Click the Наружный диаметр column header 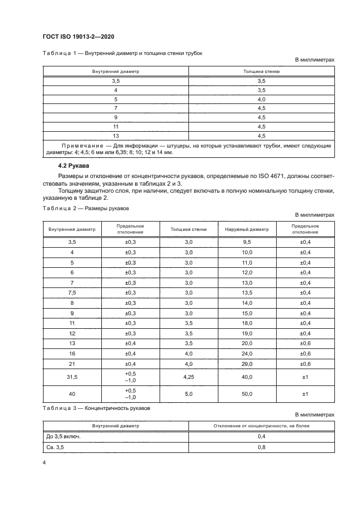point(247,229)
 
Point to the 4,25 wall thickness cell point(188,377)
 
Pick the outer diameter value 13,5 point(247,292)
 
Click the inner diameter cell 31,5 point(72,377)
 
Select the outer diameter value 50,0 point(247,394)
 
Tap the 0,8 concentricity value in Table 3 point(261,447)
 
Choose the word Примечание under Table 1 point(83,146)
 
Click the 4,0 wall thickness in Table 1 point(261,99)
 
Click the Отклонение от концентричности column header point(261,426)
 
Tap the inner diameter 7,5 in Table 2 point(72,292)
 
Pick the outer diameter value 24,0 point(247,353)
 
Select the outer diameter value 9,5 point(247,241)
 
